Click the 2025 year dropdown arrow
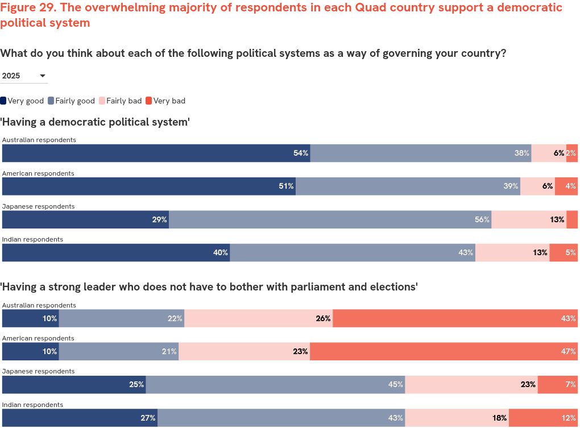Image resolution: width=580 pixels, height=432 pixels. click(43, 76)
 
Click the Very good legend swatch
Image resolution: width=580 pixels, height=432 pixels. click(3, 101)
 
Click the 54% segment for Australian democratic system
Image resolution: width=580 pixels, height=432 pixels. click(156, 153)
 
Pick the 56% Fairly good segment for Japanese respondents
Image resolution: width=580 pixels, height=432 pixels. click(330, 220)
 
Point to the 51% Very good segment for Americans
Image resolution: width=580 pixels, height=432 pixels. click(148, 186)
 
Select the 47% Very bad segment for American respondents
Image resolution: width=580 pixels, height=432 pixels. click(444, 352)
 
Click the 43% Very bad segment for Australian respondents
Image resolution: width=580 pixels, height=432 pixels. click(455, 319)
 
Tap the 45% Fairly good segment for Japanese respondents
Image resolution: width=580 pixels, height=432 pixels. click(275, 385)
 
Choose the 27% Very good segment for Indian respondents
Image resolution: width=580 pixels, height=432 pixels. click(80, 418)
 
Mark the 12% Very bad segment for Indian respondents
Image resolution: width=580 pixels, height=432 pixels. click(543, 418)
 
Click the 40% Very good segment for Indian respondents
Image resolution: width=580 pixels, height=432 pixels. click(115, 253)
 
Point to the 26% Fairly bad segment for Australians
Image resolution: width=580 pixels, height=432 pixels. click(259, 319)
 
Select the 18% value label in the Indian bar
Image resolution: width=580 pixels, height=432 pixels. click(499, 418)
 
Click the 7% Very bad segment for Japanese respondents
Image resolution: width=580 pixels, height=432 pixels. click(557, 385)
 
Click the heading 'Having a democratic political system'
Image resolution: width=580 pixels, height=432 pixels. click(95, 122)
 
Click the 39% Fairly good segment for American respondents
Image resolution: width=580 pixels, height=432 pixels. click(408, 186)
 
